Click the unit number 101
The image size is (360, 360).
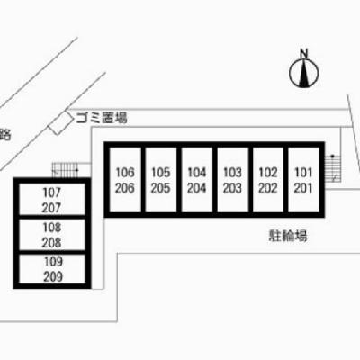[303, 173]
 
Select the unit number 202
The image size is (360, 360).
[268, 188]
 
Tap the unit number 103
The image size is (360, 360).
[232, 173]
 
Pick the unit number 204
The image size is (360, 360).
[197, 188]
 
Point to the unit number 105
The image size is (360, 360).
[161, 173]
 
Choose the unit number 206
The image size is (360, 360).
[125, 188]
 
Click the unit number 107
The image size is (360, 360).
[52, 193]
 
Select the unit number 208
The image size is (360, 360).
[51, 243]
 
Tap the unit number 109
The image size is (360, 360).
[53, 261]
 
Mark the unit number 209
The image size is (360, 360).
[53, 276]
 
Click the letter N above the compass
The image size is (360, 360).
[304, 54]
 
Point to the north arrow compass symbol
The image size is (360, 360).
[304, 73]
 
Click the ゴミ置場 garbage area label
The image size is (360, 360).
[102, 117]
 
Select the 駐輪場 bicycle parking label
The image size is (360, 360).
[288, 236]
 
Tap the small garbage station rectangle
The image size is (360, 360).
[61, 123]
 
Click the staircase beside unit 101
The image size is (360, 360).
[333, 168]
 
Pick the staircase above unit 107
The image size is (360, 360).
[66, 170]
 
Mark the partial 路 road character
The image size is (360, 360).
[5, 135]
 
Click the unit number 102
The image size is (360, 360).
[268, 173]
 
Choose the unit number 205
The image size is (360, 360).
[161, 188]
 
